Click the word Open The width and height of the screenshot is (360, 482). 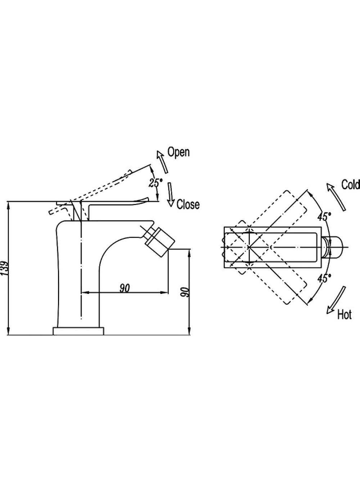point(178,153)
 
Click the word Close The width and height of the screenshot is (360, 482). point(188,204)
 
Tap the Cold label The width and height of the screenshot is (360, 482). point(351,185)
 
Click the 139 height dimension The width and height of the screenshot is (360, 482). point(4,268)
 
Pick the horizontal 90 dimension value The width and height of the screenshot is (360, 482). point(125,288)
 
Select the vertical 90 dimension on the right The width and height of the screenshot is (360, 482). point(185,292)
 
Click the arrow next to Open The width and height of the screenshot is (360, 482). point(162,162)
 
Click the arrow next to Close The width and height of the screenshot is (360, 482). point(171,195)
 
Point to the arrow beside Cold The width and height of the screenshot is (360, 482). point(336,197)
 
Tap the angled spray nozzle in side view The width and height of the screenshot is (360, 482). point(159,240)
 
